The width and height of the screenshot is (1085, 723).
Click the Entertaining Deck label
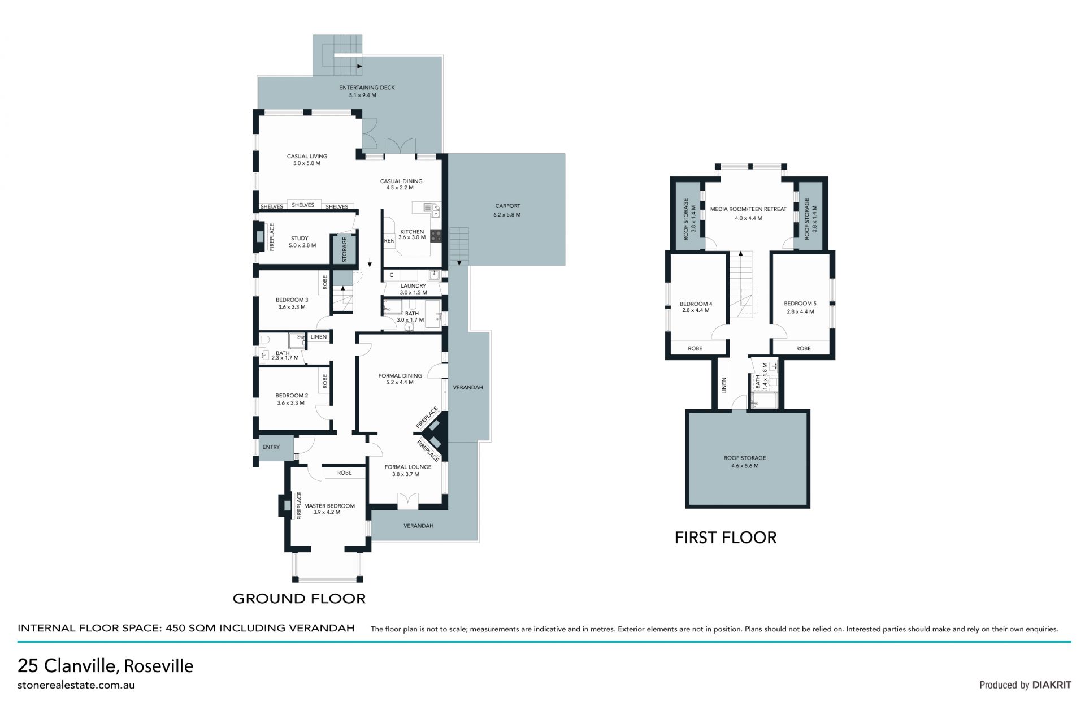click(x=367, y=92)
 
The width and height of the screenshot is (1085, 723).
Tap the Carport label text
click(x=507, y=210)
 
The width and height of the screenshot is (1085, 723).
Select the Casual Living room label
click(x=307, y=160)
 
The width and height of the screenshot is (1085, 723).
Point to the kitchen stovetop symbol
click(x=436, y=235)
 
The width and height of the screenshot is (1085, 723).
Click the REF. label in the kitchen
click(x=389, y=241)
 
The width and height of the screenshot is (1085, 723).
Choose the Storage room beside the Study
click(x=344, y=249)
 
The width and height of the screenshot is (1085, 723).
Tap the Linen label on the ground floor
click(x=319, y=337)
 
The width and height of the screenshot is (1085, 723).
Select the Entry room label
click(x=271, y=447)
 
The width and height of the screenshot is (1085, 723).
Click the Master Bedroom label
click(x=329, y=509)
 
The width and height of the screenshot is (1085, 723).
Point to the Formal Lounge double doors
click(x=407, y=500)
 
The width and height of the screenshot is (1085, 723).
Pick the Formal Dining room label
click(x=400, y=379)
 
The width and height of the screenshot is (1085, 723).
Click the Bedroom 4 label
click(x=696, y=307)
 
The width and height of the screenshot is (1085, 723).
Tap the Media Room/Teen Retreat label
click(x=748, y=213)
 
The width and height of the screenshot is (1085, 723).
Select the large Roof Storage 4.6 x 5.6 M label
click(x=745, y=462)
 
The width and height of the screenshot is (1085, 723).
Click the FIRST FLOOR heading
click(x=726, y=538)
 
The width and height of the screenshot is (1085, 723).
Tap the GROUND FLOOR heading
click(x=299, y=599)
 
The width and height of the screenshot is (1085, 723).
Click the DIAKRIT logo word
click(x=1052, y=685)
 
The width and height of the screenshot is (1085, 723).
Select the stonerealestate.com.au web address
click(x=76, y=685)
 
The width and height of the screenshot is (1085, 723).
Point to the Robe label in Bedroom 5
click(x=803, y=348)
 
